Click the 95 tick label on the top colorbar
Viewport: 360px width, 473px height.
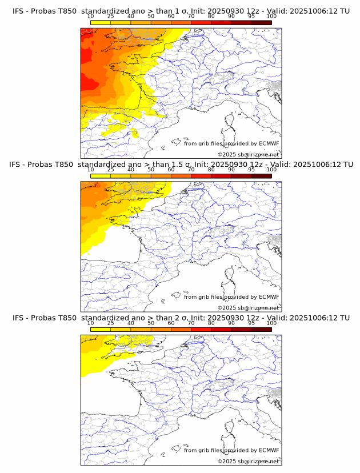tap(251, 17)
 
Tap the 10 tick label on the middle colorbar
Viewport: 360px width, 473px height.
tap(90, 170)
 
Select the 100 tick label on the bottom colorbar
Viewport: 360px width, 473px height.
tap(271, 323)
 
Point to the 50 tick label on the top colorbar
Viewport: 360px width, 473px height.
tap(151, 17)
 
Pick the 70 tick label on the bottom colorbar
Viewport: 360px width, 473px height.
tap(191, 323)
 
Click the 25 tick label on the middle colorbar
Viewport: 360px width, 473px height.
tap(110, 170)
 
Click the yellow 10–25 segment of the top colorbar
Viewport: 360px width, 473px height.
tap(100, 22)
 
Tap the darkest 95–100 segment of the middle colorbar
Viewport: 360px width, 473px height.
tap(261, 175)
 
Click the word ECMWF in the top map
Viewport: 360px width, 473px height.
tap(269, 143)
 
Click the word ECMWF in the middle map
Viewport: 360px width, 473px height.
tap(269, 296)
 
